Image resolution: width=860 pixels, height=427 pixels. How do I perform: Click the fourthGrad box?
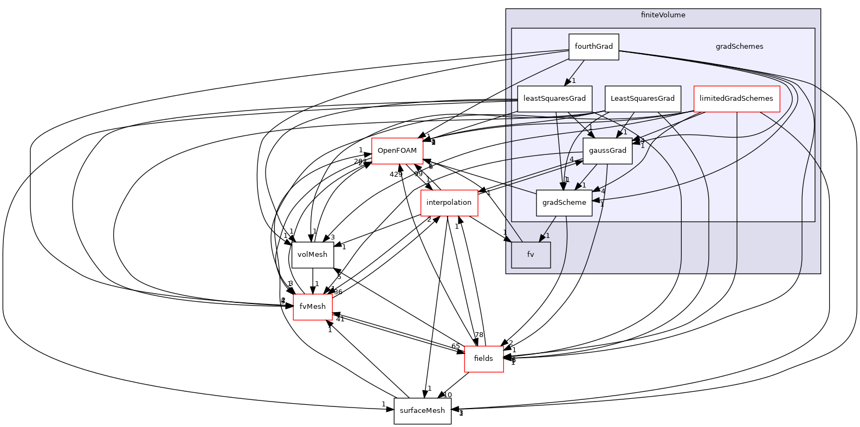point(593,47)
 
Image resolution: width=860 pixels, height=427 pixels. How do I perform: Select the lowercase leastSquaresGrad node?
point(554,99)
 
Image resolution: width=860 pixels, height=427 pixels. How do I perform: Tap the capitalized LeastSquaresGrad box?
point(642,99)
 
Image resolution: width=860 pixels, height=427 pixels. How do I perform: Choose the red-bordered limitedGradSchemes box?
point(736,99)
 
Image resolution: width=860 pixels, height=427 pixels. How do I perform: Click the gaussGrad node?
point(607,151)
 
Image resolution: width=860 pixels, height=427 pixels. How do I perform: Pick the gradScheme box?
point(564,203)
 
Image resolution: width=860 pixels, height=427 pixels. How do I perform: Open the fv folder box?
point(531,255)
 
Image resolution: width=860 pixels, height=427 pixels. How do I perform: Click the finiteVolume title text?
point(663,15)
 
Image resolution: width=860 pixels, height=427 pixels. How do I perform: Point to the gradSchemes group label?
point(739,47)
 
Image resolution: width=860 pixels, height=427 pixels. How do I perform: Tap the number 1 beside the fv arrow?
point(548,236)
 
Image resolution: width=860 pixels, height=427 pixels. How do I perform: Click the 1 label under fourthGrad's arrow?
point(574,81)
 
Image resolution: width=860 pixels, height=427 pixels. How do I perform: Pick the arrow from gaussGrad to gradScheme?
point(586,176)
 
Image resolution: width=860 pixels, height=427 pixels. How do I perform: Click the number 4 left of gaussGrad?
point(571,159)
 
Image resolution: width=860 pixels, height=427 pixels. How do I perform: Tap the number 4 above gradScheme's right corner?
point(603,191)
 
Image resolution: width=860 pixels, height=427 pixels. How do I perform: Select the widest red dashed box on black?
point(449,203)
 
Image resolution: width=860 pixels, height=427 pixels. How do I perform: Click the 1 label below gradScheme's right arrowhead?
point(602,205)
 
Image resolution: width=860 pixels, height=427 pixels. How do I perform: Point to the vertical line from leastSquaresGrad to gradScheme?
point(559,152)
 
